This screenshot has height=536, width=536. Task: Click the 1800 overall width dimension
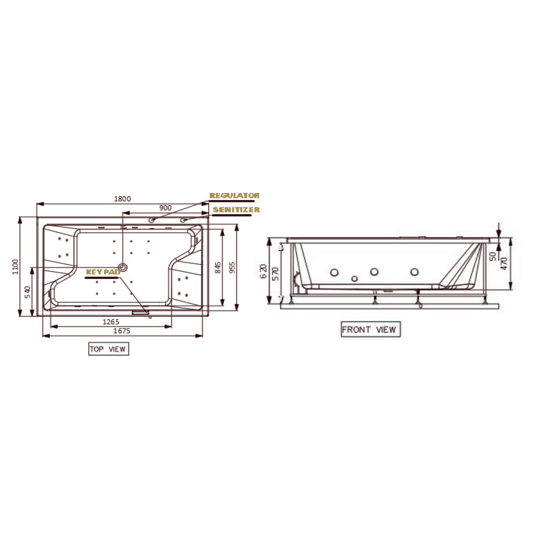point(122,198)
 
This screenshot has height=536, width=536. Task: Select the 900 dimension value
point(166,207)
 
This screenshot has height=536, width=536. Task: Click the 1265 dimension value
point(110,322)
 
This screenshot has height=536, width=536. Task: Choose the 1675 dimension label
point(122,331)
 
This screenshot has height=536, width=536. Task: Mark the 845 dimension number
point(217,267)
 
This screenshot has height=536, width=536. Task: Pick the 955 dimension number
point(232,267)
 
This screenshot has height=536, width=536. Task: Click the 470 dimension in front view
point(504,264)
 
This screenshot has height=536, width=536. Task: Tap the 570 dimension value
point(276,274)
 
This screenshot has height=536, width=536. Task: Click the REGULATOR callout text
point(234,196)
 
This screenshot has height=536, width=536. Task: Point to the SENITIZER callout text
point(236,210)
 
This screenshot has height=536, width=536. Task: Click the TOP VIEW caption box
point(109,349)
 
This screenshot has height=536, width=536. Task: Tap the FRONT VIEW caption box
point(370,329)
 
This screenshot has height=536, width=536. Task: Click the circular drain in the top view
point(124,266)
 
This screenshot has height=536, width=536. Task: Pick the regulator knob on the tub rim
point(152,219)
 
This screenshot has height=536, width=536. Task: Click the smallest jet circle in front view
point(354,279)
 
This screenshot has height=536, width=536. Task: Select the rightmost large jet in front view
point(414,272)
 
